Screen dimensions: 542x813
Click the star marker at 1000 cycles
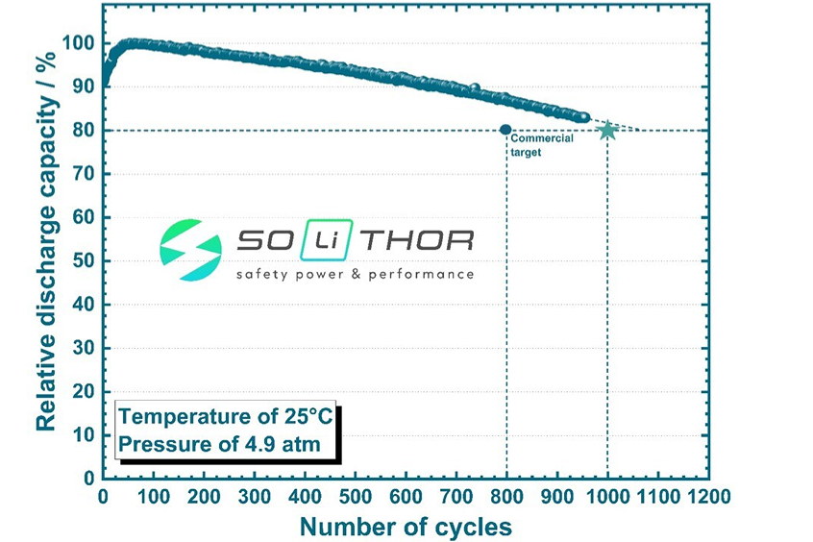click(x=606, y=130)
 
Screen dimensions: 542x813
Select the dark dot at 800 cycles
click(x=506, y=130)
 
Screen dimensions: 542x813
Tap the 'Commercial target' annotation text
click(x=542, y=145)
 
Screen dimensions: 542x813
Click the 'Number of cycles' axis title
click(x=406, y=526)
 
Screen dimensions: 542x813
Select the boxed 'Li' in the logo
click(x=316, y=240)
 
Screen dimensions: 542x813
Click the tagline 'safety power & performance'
click(x=356, y=275)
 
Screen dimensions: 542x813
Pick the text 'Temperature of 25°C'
click(x=225, y=418)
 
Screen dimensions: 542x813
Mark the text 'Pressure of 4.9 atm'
click(x=218, y=445)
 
